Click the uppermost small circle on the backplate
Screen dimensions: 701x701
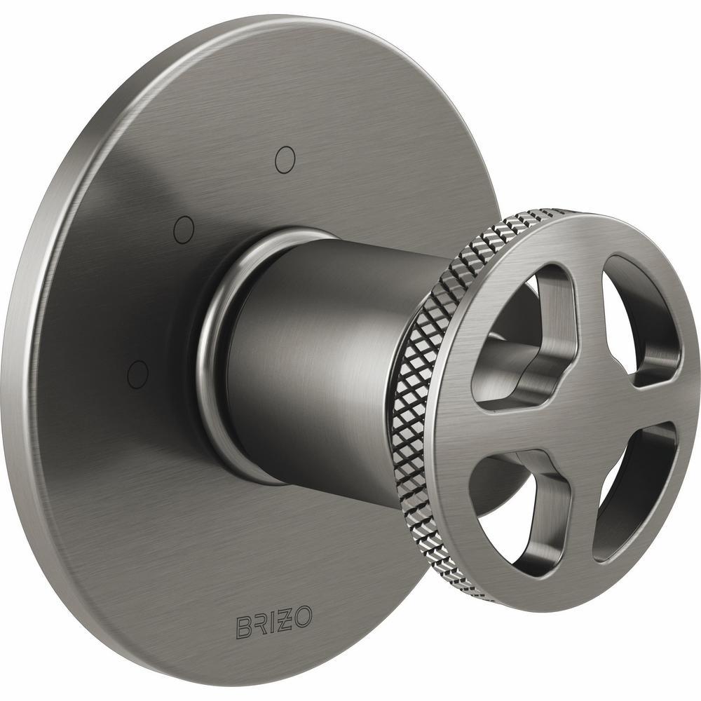[284, 160]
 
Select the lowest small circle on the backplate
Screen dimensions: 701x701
[138, 372]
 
